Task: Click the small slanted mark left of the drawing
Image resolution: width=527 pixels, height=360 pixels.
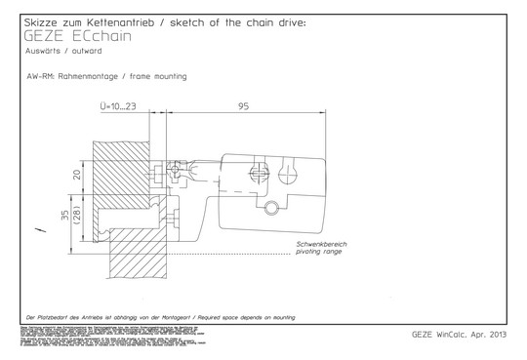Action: [39, 230]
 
